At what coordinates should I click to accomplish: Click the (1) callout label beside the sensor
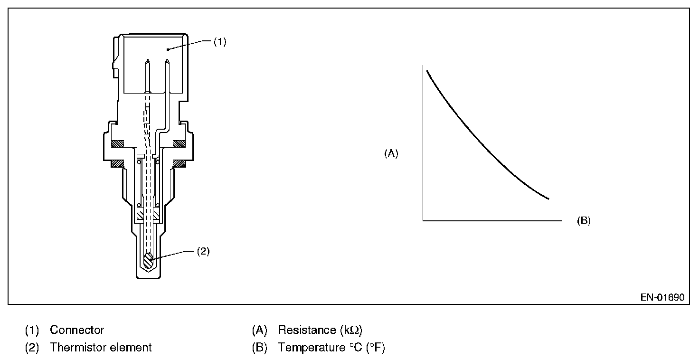coord(219,42)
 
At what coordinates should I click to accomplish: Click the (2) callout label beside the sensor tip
coord(203,252)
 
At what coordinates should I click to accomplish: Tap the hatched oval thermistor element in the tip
coord(149,260)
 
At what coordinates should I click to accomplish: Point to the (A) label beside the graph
coord(391,153)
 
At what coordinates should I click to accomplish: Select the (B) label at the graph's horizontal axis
coord(584,221)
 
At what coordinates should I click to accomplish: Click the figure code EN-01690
coord(662,298)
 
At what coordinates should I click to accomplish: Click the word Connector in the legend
coord(77,330)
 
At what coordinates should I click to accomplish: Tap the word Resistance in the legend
coord(307,330)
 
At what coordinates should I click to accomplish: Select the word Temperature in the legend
coord(310,348)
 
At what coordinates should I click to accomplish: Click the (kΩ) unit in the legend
coord(351,330)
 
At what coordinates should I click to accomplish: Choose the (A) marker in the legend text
coord(260,330)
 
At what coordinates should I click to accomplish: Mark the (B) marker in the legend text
coord(260,348)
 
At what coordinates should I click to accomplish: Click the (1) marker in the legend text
coord(32,330)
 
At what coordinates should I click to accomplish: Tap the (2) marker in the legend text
coord(32,348)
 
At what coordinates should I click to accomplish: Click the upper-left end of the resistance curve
coord(427,71)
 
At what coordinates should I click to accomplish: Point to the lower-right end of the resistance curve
coord(548,199)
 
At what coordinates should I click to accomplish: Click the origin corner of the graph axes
coord(423,221)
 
